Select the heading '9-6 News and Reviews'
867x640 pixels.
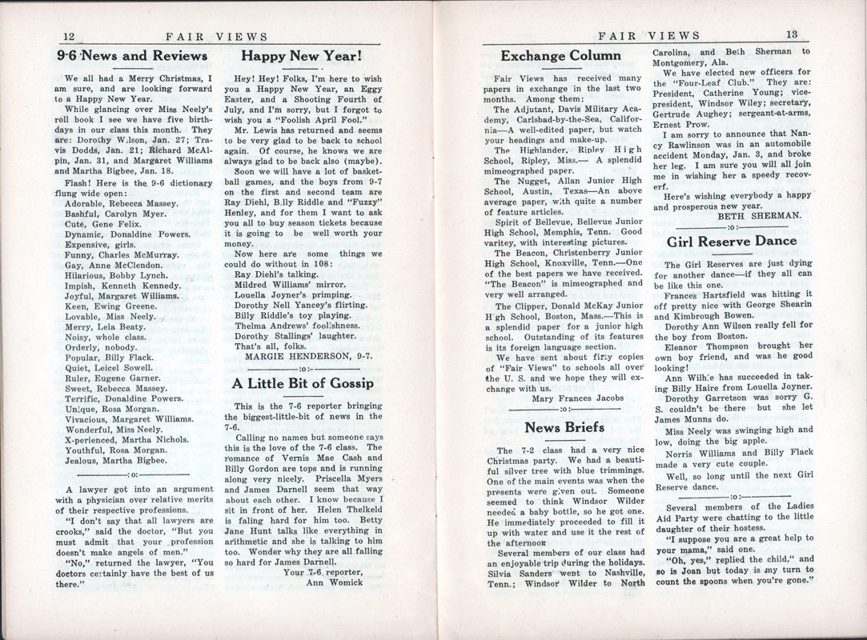(133, 56)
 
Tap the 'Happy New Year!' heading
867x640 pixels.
(303, 56)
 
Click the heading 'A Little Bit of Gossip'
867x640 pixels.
(303, 382)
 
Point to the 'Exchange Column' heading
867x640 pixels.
(560, 56)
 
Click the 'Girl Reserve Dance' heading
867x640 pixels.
(732, 241)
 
